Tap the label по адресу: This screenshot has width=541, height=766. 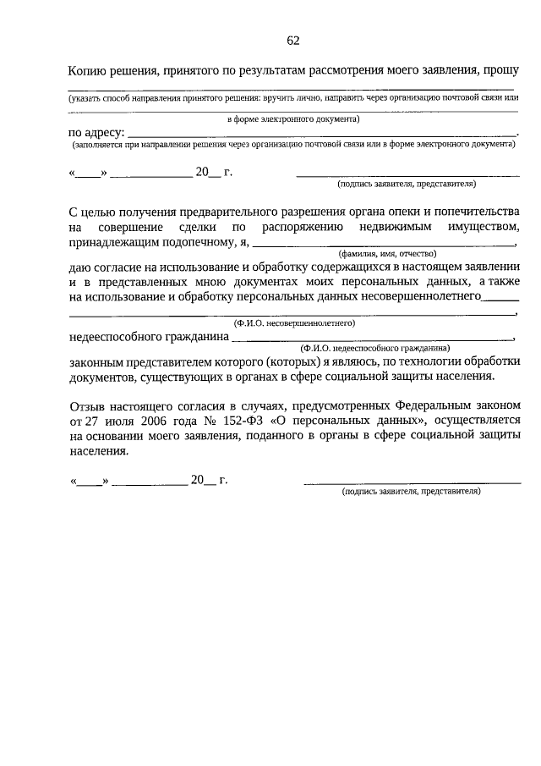96,132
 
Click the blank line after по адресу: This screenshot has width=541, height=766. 321,135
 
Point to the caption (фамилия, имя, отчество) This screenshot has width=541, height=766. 385,254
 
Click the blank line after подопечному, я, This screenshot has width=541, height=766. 380,245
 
